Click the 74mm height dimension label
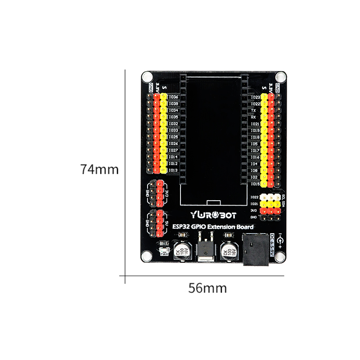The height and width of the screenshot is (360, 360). point(99,170)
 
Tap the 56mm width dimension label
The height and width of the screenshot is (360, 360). point(207,288)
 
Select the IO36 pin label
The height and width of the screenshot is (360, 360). point(173,97)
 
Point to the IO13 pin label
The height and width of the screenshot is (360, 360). point(173,170)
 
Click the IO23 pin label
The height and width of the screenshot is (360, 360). point(255,97)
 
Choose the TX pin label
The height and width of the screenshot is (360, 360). point(253,110)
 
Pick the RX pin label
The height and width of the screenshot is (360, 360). point(253,117)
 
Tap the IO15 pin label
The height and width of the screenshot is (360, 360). point(255,184)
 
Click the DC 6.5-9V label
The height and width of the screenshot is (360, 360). point(273,245)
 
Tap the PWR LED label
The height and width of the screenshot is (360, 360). point(164,254)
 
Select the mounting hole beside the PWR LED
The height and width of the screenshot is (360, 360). point(147,256)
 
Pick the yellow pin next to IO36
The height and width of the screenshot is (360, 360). point(163,97)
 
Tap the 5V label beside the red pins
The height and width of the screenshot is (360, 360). point(166,224)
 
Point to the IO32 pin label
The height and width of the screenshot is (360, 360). point(173,123)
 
